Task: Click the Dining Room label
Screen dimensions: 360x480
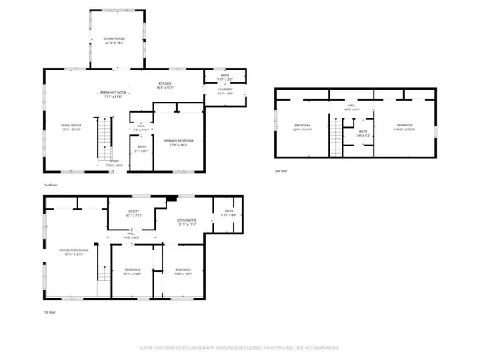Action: tap(115, 40)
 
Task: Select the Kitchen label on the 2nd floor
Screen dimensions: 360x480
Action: tap(165, 86)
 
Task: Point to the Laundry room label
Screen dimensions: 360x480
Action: tap(224, 91)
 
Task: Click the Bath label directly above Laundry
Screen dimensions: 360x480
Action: tap(224, 78)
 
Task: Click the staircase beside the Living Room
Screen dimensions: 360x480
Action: tap(102, 137)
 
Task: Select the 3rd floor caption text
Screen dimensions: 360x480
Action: tap(280, 171)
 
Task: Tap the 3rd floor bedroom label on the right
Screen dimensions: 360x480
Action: tap(405, 127)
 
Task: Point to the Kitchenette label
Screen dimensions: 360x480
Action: tap(186, 222)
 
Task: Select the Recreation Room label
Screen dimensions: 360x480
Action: tap(73, 252)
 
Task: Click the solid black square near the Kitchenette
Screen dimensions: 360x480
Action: tap(170, 199)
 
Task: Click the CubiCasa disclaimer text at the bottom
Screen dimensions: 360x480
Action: tap(239, 348)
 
